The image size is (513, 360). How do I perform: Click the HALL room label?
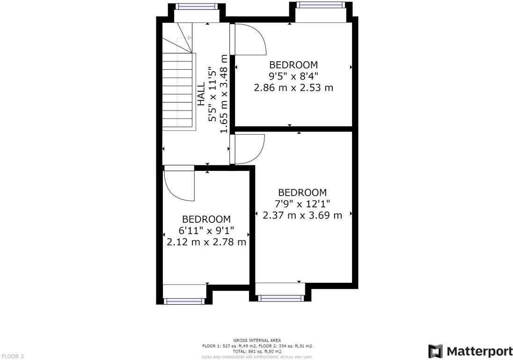pyautogui.click(x=201, y=94)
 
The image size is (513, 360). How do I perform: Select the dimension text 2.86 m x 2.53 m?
pyautogui.click(x=293, y=88)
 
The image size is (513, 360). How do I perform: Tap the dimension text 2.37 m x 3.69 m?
pyautogui.click(x=302, y=215)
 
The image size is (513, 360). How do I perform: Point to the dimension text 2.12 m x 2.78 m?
pyautogui.click(x=206, y=242)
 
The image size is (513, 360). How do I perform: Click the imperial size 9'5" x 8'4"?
pyautogui.click(x=293, y=76)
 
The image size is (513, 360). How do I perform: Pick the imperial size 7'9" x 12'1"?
pyautogui.click(x=302, y=204)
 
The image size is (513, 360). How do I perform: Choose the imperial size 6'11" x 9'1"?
pyautogui.click(x=206, y=231)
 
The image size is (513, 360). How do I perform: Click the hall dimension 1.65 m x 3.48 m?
pyautogui.click(x=224, y=94)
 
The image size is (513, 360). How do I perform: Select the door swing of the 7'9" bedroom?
pyautogui.click(x=249, y=149)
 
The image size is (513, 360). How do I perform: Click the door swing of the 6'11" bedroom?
pyautogui.click(x=179, y=185)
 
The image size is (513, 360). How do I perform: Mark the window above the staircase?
pyautogui.click(x=196, y=6)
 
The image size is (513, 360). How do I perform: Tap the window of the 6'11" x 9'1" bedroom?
pyautogui.click(x=184, y=301)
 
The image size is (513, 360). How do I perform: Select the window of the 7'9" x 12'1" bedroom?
pyautogui.click(x=280, y=298)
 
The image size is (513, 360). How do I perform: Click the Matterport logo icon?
pyautogui.click(x=435, y=351)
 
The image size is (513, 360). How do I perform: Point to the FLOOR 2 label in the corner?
pyautogui.click(x=13, y=356)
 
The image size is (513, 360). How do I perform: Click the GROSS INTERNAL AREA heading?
pyautogui.click(x=257, y=340)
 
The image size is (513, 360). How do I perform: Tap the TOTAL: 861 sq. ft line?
pyautogui.click(x=257, y=351)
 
